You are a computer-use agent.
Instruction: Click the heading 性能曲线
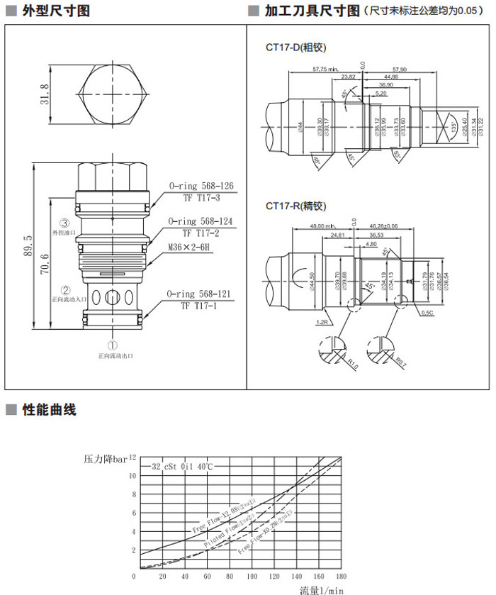point(49,410)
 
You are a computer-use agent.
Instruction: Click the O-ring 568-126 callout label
point(201,187)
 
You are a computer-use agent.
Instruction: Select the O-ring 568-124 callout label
point(201,222)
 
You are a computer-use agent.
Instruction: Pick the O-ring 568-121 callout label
point(200,294)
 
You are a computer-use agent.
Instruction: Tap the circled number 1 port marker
point(112,345)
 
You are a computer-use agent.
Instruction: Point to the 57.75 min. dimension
point(325,69)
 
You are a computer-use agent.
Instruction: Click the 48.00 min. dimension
point(324,226)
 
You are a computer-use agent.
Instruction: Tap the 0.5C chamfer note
point(427,311)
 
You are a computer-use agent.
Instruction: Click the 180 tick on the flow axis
point(341,577)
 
